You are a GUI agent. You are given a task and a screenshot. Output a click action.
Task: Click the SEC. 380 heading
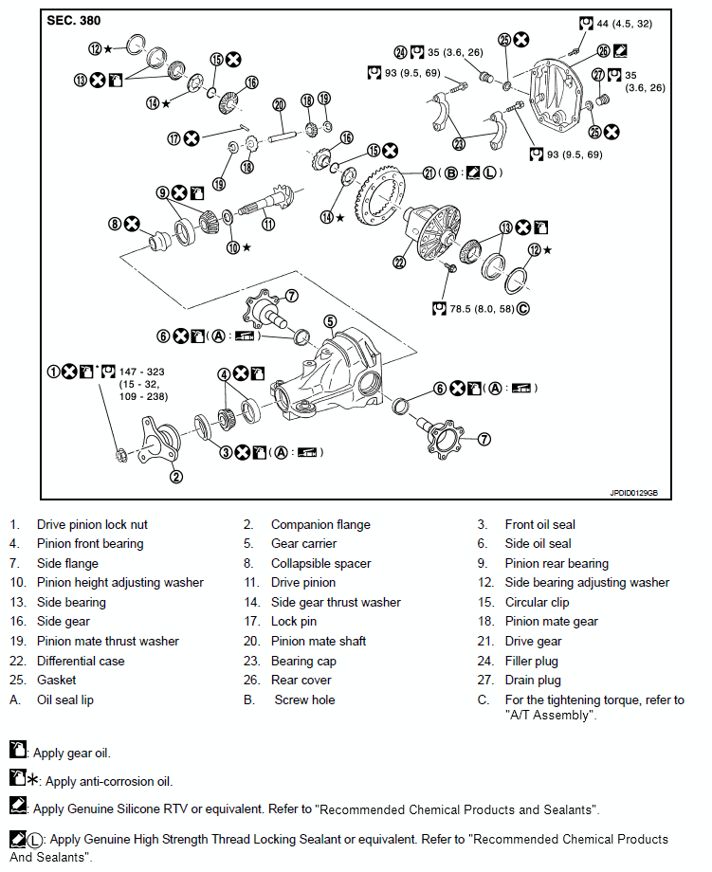click(x=74, y=20)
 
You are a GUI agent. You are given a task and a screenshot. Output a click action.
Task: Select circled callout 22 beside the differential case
click(x=398, y=263)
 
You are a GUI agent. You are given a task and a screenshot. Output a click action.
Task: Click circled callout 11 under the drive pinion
click(x=268, y=225)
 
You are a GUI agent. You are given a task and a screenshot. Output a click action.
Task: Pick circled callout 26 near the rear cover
click(x=604, y=49)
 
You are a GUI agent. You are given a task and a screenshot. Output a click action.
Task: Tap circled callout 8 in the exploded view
click(x=116, y=224)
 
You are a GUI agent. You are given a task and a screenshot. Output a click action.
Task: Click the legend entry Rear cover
click(x=301, y=680)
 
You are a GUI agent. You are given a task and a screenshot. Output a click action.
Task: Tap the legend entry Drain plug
click(x=533, y=680)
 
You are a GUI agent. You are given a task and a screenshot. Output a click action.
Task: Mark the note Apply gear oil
click(x=72, y=754)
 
